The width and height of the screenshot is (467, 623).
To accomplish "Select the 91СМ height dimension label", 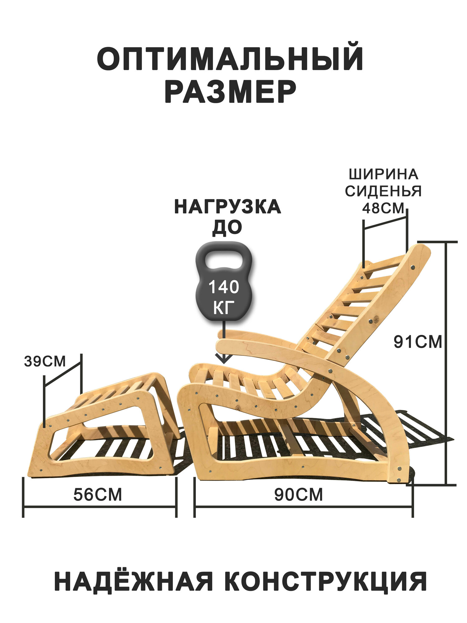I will pos(417,342).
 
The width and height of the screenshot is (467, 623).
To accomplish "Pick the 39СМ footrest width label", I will pos(45,361).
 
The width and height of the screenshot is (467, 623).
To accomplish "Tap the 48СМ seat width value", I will pos(383,208).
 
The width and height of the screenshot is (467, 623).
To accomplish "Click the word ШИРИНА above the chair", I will pos(383,174).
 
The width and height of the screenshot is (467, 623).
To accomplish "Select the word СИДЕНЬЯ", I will pos(383,191).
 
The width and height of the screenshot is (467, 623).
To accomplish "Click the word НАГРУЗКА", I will pos(228,207).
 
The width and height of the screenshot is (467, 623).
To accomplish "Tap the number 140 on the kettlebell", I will pos(224,287).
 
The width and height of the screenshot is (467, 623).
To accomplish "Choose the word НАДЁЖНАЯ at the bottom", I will pos(134,581).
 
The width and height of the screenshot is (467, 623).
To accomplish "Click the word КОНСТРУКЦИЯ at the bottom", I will pos(321,581).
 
